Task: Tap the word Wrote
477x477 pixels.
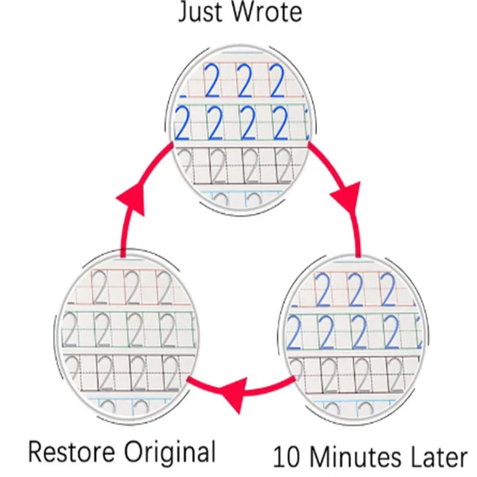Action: tap(267, 11)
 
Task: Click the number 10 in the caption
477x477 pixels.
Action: tap(287, 458)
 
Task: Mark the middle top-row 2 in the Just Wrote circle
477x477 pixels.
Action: tap(245, 82)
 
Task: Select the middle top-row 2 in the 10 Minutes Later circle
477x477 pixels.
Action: tap(355, 290)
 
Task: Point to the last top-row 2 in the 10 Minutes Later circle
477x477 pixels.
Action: tap(388, 290)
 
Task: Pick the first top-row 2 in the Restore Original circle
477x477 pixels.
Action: tap(100, 287)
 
